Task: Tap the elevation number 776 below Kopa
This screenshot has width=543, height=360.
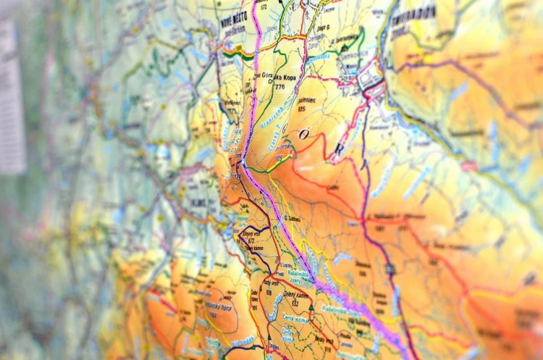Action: pyautogui.click(x=279, y=88)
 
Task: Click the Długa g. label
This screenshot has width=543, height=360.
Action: pyautogui.click(x=314, y=28)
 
